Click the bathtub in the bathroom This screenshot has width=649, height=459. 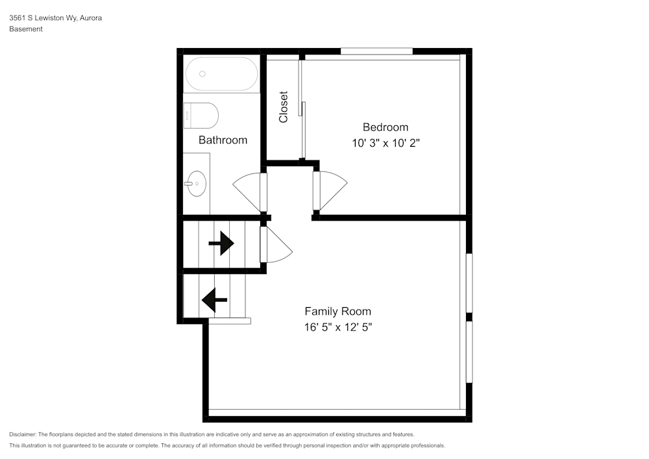[x=221, y=74]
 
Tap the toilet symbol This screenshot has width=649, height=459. [x=201, y=116]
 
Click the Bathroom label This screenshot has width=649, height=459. [x=223, y=140]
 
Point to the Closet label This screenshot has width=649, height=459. [x=284, y=106]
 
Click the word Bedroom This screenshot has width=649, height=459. [x=386, y=127]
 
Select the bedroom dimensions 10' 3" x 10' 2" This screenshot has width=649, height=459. [x=386, y=143]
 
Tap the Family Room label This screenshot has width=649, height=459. [x=338, y=311]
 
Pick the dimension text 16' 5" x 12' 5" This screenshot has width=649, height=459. [x=338, y=327]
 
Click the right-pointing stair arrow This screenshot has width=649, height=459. [x=221, y=243]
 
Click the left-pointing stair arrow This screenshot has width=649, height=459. [x=214, y=300]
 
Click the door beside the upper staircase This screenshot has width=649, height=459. [x=275, y=244]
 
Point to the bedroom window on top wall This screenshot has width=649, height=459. [x=376, y=51]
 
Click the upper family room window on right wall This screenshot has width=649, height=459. [x=469, y=282]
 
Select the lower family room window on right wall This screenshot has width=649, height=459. [x=469, y=351]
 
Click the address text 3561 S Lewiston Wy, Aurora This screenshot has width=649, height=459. [x=55, y=18]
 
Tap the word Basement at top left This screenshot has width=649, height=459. [x=26, y=29]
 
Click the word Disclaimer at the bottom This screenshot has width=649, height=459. [x=23, y=434]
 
